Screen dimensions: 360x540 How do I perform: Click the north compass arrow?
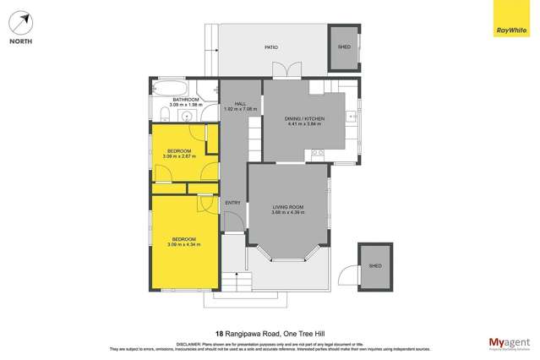pos(21,22)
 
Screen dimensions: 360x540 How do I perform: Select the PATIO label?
pos(271,49)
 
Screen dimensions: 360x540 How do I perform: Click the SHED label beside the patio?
pos(344,47)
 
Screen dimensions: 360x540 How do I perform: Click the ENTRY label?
pos(233,203)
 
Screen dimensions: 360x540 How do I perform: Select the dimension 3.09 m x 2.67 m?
pos(178,156)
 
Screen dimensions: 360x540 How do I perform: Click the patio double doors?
pos(291,72)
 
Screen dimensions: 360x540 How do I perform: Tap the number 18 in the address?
pos(219,333)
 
